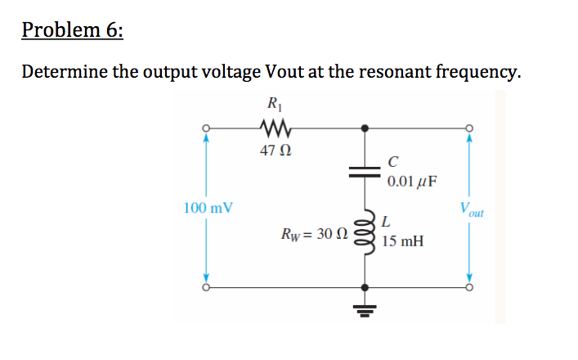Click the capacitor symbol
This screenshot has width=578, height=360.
364,170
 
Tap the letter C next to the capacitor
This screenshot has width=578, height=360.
394,160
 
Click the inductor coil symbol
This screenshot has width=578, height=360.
364,230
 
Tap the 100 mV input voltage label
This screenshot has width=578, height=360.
208,208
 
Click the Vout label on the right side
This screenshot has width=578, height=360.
472,209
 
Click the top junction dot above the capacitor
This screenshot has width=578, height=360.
364,128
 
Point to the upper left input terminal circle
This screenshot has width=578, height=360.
208,128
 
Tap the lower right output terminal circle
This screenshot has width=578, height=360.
469,287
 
